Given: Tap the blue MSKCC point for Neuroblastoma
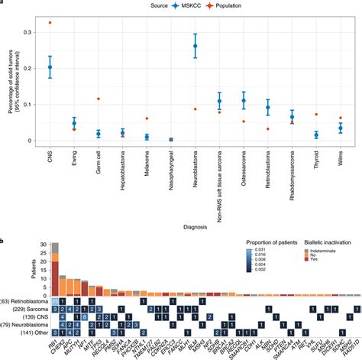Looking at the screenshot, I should click(196, 46).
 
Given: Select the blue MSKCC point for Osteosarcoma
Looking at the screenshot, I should click(244, 100).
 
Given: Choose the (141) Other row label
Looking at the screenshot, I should click(26, 333).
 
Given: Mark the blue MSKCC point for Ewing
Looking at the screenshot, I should click(74, 123).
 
